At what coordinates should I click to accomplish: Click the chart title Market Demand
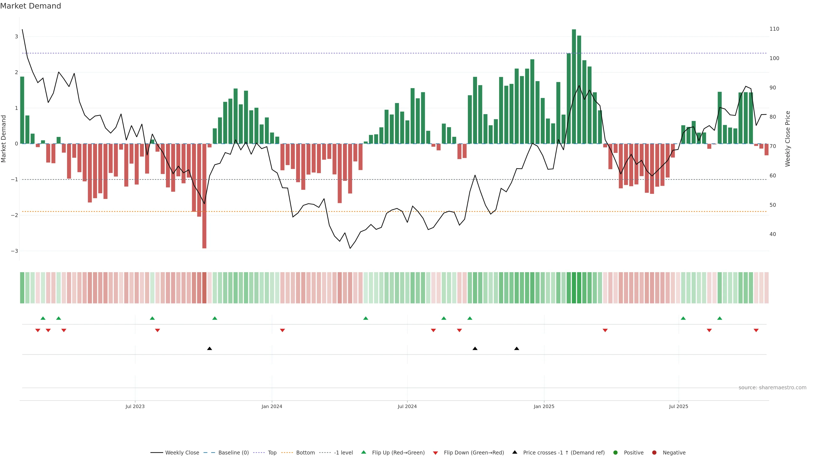30,6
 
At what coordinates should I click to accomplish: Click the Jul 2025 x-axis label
678,406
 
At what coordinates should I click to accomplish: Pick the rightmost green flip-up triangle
720,318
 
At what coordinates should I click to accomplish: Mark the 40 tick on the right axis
773,234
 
